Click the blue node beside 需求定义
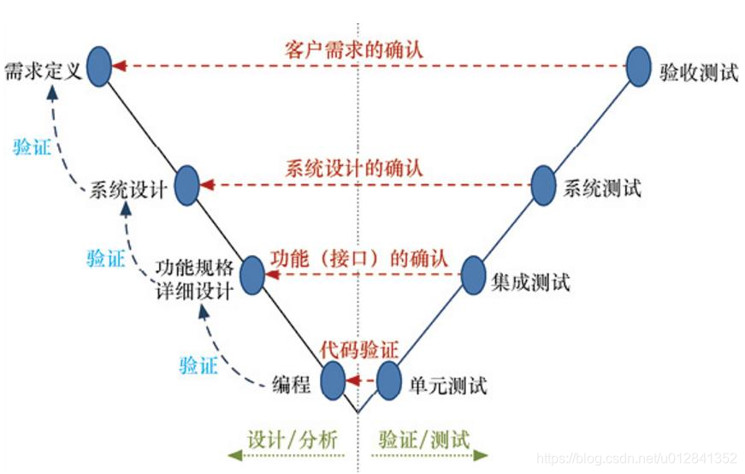coord(100,66)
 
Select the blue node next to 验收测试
coord(638,66)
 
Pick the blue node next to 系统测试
coord(543,185)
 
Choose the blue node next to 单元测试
coord(388,380)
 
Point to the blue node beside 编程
coord(333,380)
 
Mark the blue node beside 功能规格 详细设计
coord(252,274)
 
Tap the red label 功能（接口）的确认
coord(358,257)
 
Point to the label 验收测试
coord(698,73)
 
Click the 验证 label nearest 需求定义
coord(32,145)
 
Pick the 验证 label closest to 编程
coord(198,365)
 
